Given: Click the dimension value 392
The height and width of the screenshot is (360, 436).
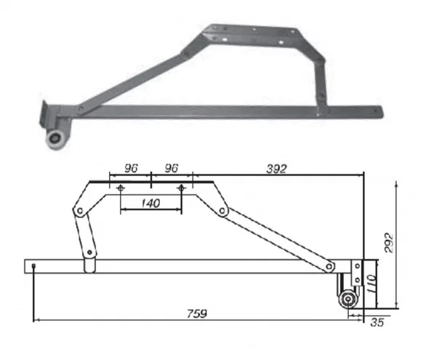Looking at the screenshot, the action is [x=276, y=169].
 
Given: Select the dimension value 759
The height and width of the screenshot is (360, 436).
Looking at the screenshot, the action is [x=197, y=313].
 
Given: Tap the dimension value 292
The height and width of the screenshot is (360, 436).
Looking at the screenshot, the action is [x=389, y=243].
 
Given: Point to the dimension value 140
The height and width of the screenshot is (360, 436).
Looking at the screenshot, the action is [x=150, y=204].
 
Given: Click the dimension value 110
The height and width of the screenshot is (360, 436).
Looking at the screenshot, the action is [x=371, y=284].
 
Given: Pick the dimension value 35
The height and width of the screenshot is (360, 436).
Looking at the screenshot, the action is [x=377, y=322].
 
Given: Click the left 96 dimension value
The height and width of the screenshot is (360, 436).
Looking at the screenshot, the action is [x=131, y=168].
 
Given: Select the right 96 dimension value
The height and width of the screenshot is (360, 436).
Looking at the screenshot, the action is [x=171, y=168].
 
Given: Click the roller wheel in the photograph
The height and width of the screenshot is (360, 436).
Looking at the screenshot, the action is [x=54, y=139].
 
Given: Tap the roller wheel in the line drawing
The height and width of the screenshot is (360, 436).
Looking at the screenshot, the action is [x=347, y=300].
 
